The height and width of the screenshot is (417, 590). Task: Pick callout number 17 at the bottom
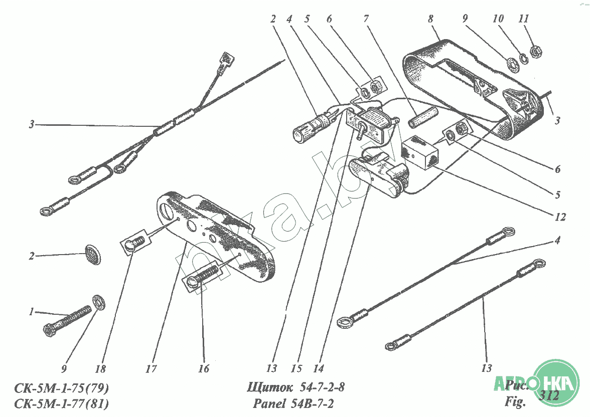tap(152, 369)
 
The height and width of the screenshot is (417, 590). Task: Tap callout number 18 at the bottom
tap(101, 369)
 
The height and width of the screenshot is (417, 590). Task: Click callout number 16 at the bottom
tap(203, 369)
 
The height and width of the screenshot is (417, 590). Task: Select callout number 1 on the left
tap(32, 312)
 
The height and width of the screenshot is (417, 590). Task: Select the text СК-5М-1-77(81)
tap(62, 403)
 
